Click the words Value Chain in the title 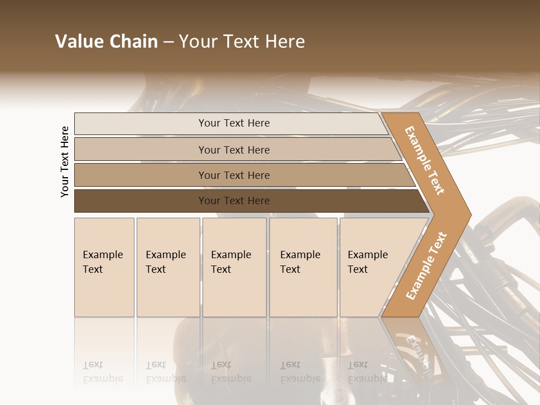pos(106,42)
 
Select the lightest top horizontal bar pos(141,124)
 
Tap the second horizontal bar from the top pos(141,150)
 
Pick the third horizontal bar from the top pos(141,175)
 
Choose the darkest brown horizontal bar pos(141,201)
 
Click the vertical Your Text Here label pos(65,161)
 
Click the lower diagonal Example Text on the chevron pos(426,265)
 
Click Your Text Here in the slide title pos(242,42)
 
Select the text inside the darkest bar pos(234,201)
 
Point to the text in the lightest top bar pos(234,123)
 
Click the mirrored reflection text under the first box pos(102,372)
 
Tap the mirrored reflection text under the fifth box pos(367,372)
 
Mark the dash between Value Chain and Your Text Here pos(168,42)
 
